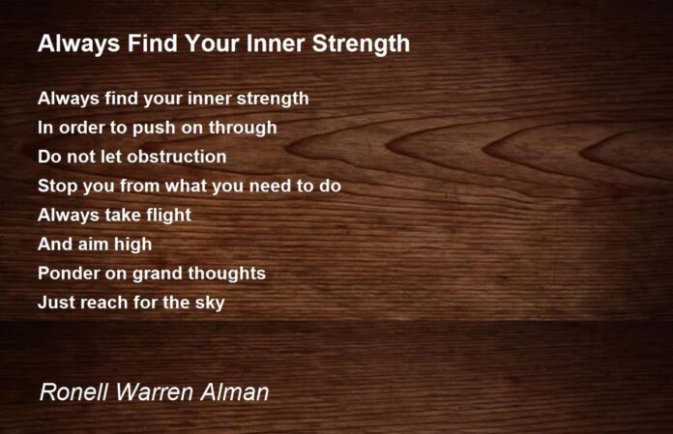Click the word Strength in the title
click(361, 44)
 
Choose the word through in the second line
click(243, 129)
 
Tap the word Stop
click(57, 187)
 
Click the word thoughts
click(226, 275)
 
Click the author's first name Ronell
click(73, 392)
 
